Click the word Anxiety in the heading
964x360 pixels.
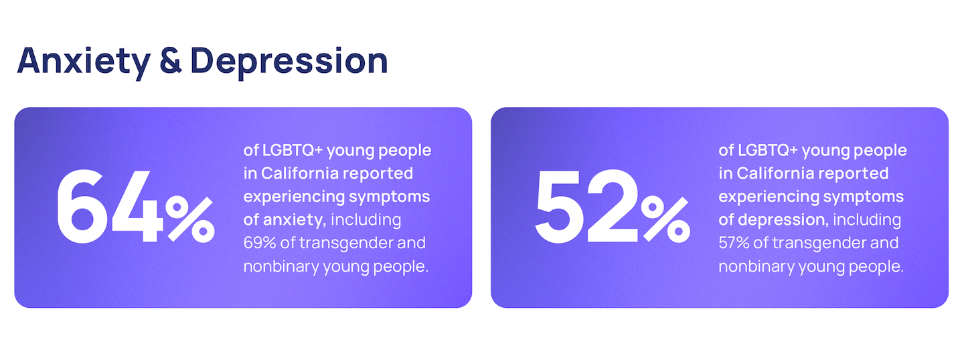(84, 62)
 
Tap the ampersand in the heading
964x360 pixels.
(171, 61)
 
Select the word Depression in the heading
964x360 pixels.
(289, 62)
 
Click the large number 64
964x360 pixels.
(110, 206)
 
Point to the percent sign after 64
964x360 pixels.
(190, 219)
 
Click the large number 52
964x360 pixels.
(586, 206)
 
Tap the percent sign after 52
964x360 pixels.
(665, 219)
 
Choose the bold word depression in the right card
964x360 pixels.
(783, 220)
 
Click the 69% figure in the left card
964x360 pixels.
(260, 243)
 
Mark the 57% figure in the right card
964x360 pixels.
(734, 243)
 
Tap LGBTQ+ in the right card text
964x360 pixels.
(768, 151)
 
